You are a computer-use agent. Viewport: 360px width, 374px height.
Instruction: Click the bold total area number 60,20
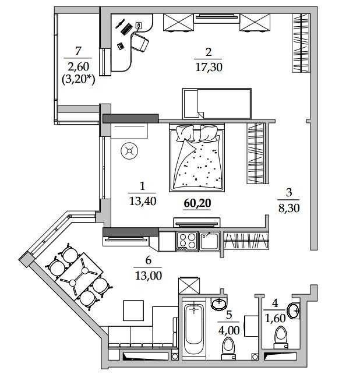pyautogui.click(x=197, y=203)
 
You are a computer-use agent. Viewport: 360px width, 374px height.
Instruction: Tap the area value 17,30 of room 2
pyautogui.click(x=209, y=67)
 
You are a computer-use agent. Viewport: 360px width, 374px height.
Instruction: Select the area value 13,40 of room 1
pyautogui.click(x=143, y=201)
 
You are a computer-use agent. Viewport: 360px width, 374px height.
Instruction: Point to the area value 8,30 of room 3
pyautogui.click(x=289, y=208)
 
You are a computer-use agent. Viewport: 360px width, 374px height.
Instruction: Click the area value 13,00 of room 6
pyautogui.click(x=149, y=276)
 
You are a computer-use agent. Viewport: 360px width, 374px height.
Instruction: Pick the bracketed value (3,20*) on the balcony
pyautogui.click(x=78, y=79)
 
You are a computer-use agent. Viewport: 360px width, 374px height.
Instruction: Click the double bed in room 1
pyautogui.click(x=197, y=157)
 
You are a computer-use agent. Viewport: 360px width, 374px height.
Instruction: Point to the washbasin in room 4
pyautogui.click(x=294, y=311)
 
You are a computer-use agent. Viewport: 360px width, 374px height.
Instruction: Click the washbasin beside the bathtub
pyautogui.click(x=219, y=304)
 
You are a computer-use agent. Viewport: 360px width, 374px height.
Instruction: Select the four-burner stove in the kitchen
pyautogui.click(x=187, y=241)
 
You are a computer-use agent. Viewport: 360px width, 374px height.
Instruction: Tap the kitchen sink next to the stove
pyautogui.click(x=209, y=241)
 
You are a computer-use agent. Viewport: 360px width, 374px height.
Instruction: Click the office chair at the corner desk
pyautogui.click(x=140, y=42)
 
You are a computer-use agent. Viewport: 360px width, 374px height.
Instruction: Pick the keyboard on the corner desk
pyautogui.click(x=126, y=29)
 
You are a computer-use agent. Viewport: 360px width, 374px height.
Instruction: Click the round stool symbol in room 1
pyautogui.click(x=129, y=151)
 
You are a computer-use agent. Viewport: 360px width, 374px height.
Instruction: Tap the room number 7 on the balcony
pyautogui.click(x=78, y=51)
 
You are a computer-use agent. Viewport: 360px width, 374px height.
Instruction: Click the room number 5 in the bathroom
pyautogui.click(x=229, y=315)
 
